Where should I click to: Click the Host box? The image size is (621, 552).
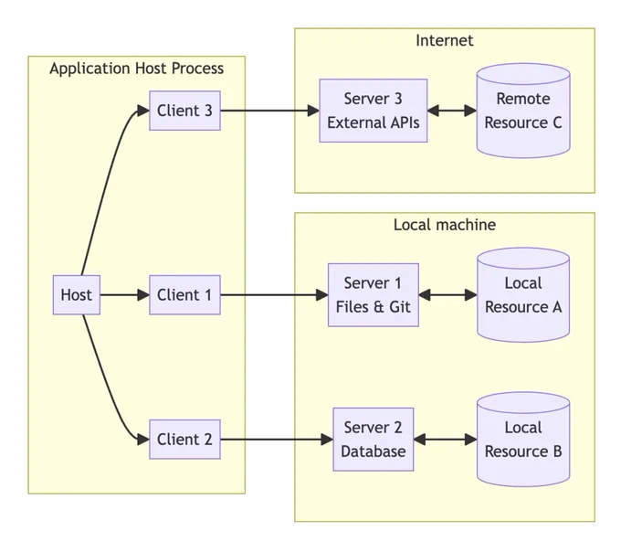[x=77, y=295]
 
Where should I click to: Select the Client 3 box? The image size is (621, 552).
[x=185, y=111]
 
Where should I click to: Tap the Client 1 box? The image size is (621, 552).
[x=185, y=295]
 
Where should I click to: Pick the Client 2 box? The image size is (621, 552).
[x=185, y=440]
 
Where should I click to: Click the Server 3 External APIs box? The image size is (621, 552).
[x=374, y=111]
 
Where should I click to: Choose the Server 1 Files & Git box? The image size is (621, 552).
[x=374, y=295]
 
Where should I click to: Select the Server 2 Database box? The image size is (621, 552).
[x=374, y=440]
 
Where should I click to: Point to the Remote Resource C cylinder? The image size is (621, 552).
[x=523, y=111]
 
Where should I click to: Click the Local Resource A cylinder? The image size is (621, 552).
[x=523, y=295]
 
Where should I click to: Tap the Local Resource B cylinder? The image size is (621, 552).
[x=523, y=440]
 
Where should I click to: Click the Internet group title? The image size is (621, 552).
[x=445, y=40]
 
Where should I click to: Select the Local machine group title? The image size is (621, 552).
[x=445, y=225]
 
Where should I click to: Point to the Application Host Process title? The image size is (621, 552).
[x=137, y=69]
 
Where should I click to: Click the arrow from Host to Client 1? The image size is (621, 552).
[x=125, y=295]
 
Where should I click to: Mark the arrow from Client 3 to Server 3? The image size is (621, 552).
[x=270, y=111]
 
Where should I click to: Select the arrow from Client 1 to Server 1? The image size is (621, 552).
[x=275, y=295]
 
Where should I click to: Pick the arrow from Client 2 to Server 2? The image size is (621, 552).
[x=277, y=440]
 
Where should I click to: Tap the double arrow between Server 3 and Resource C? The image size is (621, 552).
[x=452, y=111]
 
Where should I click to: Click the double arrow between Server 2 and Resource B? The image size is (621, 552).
[x=445, y=440]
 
